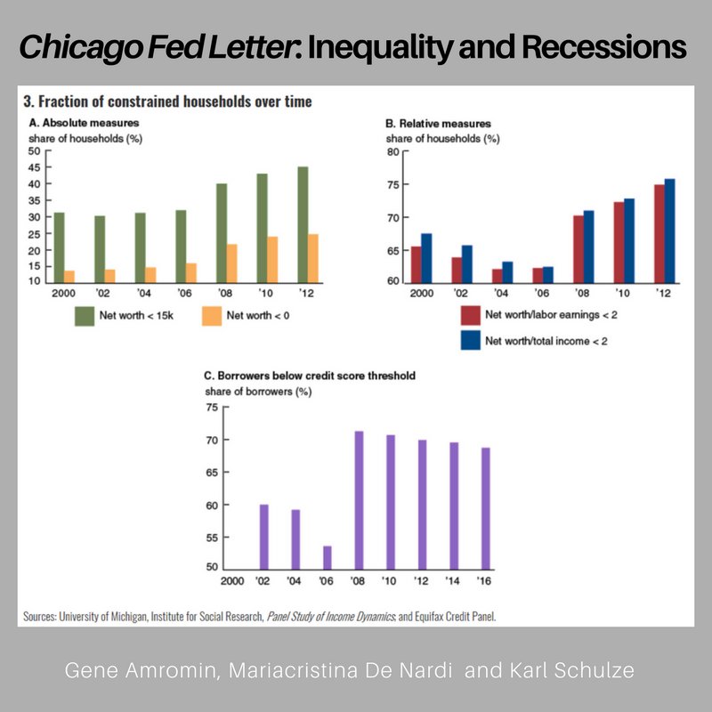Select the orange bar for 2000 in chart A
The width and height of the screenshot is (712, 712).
coord(69,276)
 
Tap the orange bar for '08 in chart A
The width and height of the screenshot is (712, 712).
coord(231,263)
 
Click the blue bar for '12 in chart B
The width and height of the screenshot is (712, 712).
coord(669,231)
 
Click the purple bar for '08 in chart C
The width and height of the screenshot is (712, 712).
coord(360,499)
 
